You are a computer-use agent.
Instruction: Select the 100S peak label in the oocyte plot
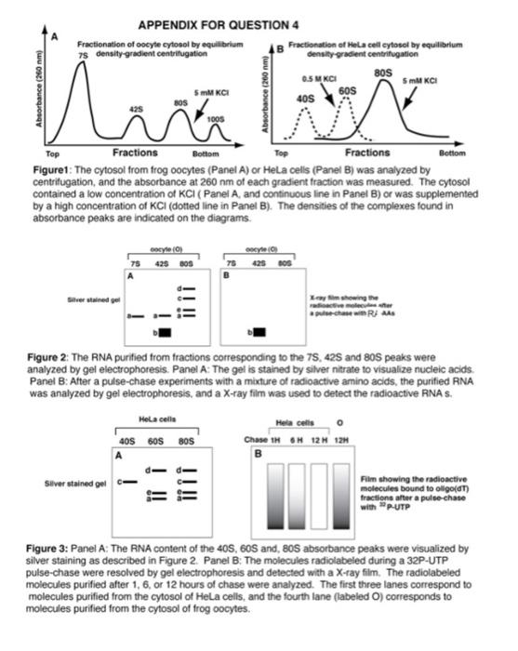(216, 119)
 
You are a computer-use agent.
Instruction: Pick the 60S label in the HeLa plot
(347, 91)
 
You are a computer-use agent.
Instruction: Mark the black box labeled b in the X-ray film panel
(260, 330)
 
